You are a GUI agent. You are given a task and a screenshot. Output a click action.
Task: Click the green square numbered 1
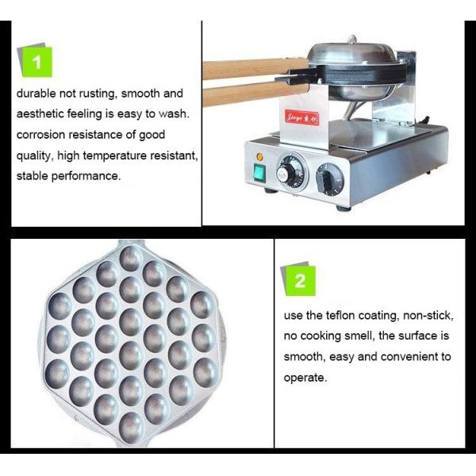37,62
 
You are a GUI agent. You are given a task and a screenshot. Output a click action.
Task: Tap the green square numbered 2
300,281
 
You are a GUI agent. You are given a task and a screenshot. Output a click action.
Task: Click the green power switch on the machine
259,173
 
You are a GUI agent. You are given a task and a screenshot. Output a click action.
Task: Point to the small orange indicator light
259,156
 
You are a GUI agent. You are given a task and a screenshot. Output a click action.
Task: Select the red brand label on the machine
302,117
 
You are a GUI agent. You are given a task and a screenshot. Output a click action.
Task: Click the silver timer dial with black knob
291,173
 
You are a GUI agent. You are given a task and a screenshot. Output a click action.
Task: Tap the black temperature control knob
329,180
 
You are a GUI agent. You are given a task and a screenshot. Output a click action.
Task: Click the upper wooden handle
255,68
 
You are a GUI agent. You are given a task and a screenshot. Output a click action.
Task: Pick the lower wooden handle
255,93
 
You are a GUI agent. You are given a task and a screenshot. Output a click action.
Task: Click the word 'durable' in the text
36,93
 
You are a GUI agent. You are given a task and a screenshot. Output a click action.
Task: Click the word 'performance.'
86,176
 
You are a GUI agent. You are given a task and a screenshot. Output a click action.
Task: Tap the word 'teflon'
340,316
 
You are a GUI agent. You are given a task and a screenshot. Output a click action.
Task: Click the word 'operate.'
305,378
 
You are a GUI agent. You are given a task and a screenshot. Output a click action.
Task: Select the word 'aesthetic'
40,113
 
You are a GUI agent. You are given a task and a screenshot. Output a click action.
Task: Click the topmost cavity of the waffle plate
131,259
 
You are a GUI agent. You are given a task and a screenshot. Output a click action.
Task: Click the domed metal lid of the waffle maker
352,54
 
